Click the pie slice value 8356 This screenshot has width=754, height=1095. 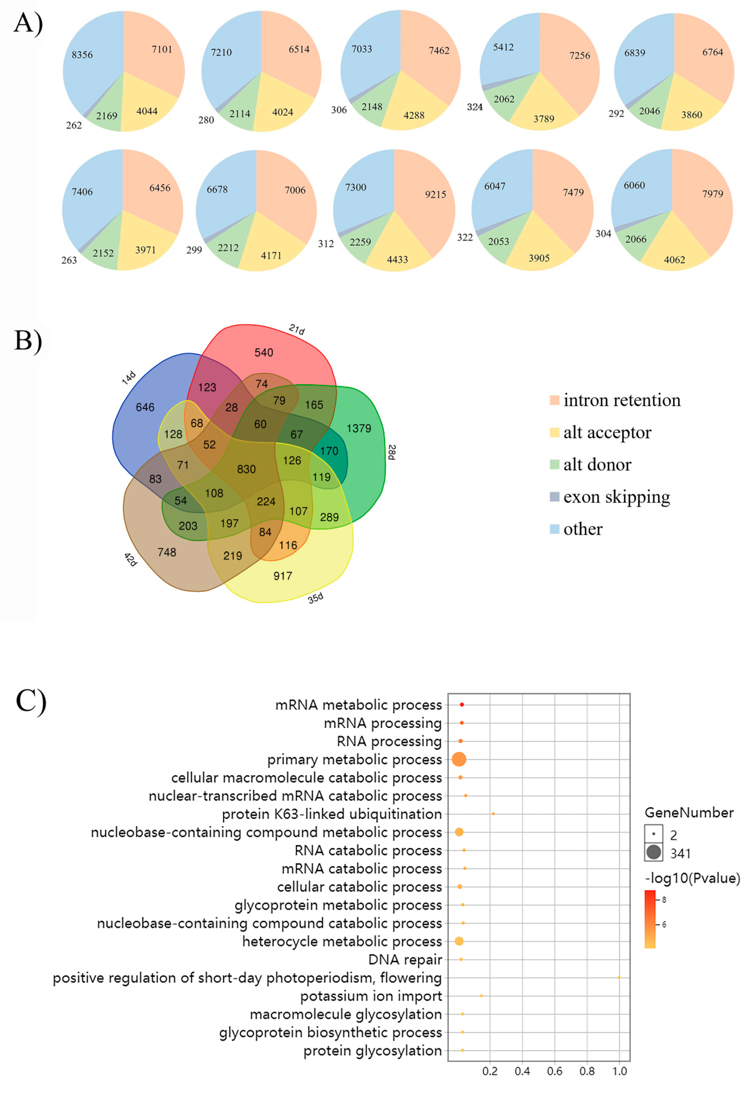point(82,55)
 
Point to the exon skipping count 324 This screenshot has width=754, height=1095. point(475,107)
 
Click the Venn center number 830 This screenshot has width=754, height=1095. point(246,469)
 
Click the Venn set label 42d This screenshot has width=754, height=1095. point(130,560)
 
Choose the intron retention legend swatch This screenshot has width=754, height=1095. point(554,400)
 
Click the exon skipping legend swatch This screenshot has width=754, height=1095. point(554,497)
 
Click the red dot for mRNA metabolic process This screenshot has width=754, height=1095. point(462,705)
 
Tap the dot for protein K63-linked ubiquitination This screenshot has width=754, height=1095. point(493,814)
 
